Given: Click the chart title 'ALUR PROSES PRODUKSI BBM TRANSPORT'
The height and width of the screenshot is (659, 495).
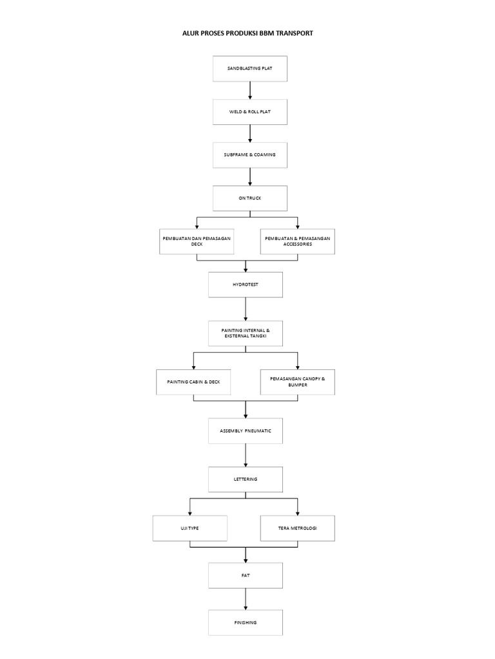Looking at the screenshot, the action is [247, 33].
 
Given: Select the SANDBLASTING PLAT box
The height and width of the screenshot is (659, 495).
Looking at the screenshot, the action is [250, 68].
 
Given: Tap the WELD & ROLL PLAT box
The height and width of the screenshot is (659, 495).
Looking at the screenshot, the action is [250, 112].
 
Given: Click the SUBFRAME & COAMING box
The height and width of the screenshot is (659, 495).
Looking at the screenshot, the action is [250, 155].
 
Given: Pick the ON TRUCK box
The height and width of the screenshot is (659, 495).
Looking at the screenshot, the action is [250, 198].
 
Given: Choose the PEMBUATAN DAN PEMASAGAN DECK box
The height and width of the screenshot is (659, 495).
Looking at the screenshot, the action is [197, 242].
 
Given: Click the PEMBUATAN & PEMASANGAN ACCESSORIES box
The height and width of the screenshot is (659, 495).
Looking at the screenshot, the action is [298, 242].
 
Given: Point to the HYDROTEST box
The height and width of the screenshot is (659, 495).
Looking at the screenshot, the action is [246, 285].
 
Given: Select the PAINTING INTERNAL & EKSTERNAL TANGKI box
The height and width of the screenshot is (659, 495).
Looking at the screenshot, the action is [246, 334].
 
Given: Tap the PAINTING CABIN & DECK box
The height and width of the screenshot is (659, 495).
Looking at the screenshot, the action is [193, 382].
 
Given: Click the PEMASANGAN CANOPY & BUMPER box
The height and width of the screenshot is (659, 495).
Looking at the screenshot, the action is [298, 382].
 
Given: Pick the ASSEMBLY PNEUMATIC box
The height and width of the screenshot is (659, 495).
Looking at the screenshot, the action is [246, 431].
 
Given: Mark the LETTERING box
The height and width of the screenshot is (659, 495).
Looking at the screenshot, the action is [246, 479].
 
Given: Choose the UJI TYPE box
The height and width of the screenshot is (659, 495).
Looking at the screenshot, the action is [190, 528].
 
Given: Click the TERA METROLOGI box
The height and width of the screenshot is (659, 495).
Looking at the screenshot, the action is [298, 528].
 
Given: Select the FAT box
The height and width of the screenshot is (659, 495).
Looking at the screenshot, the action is [246, 576].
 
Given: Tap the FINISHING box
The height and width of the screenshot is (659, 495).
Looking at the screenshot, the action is [246, 623].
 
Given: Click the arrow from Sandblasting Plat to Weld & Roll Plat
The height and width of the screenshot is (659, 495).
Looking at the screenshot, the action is [250, 90].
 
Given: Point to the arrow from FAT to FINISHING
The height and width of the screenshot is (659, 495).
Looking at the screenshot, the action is [246, 599].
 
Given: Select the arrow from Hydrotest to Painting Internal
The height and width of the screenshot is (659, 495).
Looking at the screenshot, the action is [246, 310].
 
